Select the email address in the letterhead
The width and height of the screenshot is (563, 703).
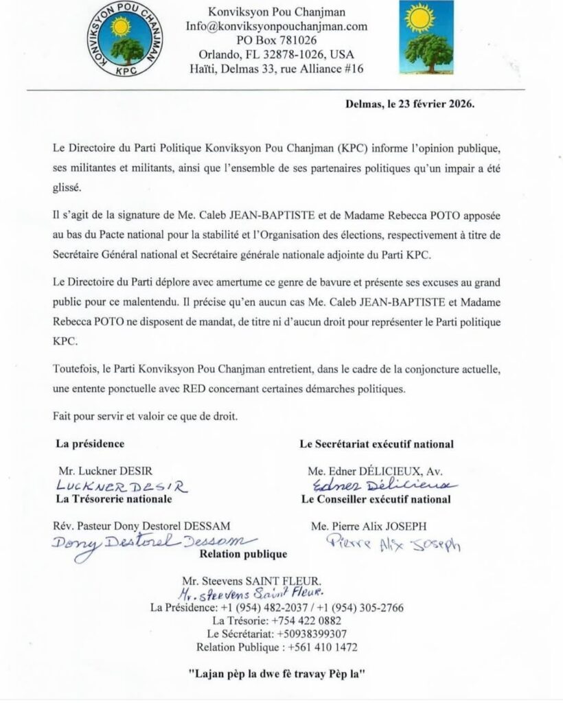pyautogui.click(x=277, y=26)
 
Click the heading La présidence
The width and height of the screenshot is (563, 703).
pyautogui.click(x=90, y=443)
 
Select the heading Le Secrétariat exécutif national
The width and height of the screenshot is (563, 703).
pyautogui.click(x=376, y=444)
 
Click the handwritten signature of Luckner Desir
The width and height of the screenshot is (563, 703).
pyautogui.click(x=120, y=486)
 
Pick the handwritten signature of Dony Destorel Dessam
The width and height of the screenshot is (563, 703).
pyautogui.click(x=151, y=542)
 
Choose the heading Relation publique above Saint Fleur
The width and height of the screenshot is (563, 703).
pyautogui.click(x=243, y=554)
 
